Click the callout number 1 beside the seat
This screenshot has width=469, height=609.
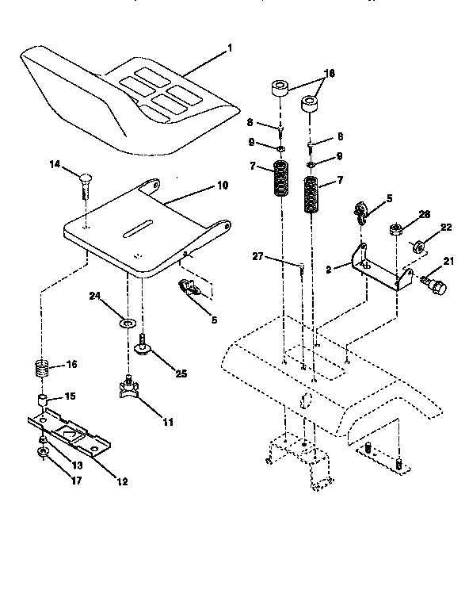[x=230, y=48]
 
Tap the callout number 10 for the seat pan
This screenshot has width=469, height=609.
[x=223, y=185]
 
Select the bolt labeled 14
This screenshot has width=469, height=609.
[x=85, y=189]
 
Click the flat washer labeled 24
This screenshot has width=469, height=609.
[x=125, y=324]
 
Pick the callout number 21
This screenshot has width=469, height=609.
[x=448, y=262]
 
